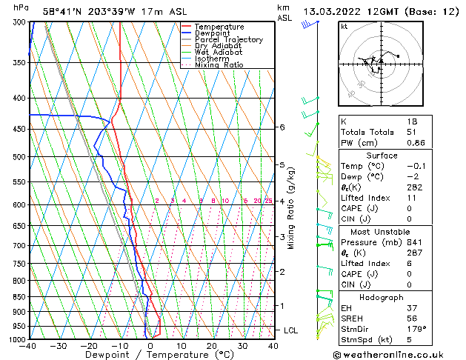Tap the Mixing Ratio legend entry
pyautogui.click(x=219, y=65)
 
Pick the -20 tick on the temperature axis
pyautogui.click(x=88, y=345)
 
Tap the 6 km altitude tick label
pyautogui.click(x=282, y=127)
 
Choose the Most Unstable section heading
pyautogui.click(x=378, y=231)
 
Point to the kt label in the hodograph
pyautogui.click(x=344, y=26)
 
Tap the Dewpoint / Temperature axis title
pyautogui.click(x=150, y=355)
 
